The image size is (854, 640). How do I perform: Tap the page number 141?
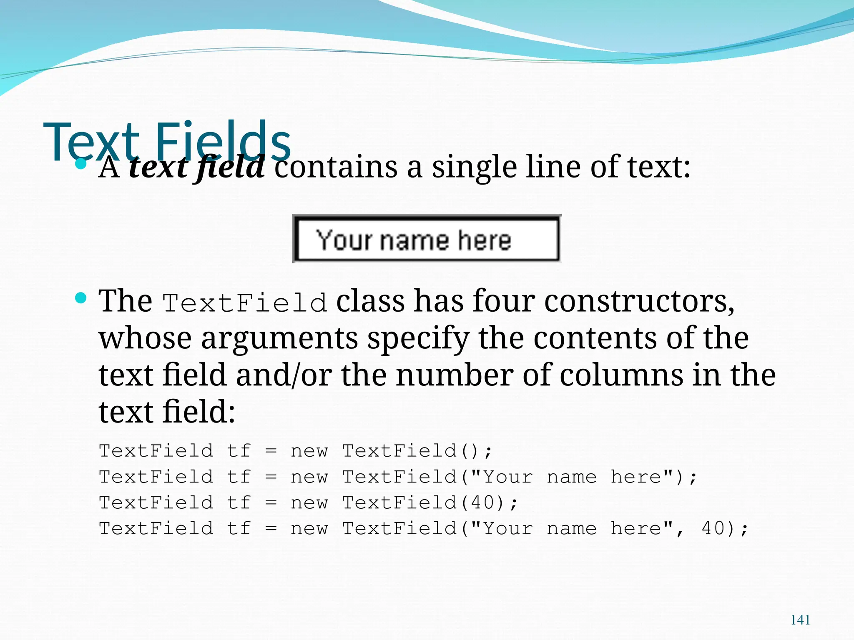pyautogui.click(x=800, y=620)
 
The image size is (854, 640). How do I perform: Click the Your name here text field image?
pyautogui.click(x=427, y=239)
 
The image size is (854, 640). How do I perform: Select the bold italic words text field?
pyautogui.click(x=196, y=167)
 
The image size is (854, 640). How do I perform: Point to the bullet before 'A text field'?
pyautogui.click(x=81, y=164)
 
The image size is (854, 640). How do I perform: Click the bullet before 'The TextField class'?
pyautogui.click(x=81, y=298)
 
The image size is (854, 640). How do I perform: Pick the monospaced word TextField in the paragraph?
pyautogui.click(x=245, y=302)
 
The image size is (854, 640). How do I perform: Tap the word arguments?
pyautogui.click(x=279, y=338)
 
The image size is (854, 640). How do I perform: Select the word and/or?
pyautogui.click(x=284, y=375)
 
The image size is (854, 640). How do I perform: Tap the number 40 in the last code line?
pyautogui.click(x=713, y=528)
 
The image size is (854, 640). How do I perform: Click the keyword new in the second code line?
pyautogui.click(x=309, y=477)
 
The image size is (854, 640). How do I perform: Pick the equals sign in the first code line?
pyautogui.click(x=271, y=451)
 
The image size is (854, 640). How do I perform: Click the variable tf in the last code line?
pyautogui.click(x=239, y=528)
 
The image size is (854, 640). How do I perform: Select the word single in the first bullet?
pyautogui.click(x=474, y=167)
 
